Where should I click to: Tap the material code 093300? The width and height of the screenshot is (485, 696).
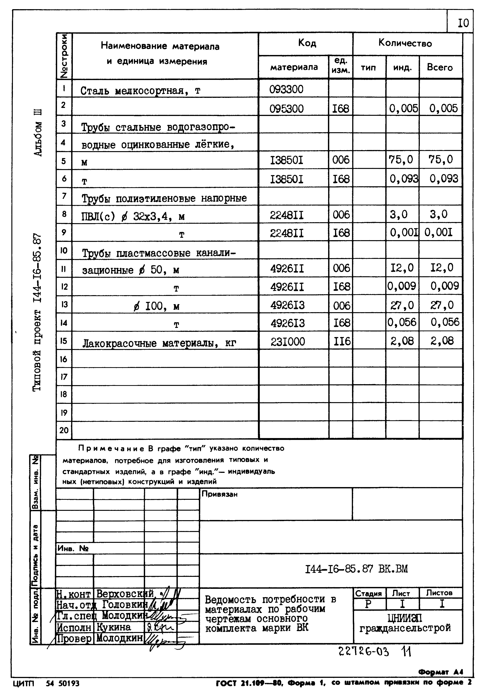[286, 89]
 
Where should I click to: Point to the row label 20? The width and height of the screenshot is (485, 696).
[64, 430]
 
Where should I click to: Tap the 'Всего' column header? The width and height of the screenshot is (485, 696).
[440, 67]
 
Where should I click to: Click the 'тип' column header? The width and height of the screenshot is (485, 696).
[368, 67]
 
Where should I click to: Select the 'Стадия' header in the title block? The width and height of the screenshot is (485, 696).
[368, 593]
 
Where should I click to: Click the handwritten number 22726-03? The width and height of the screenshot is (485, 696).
[363, 651]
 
